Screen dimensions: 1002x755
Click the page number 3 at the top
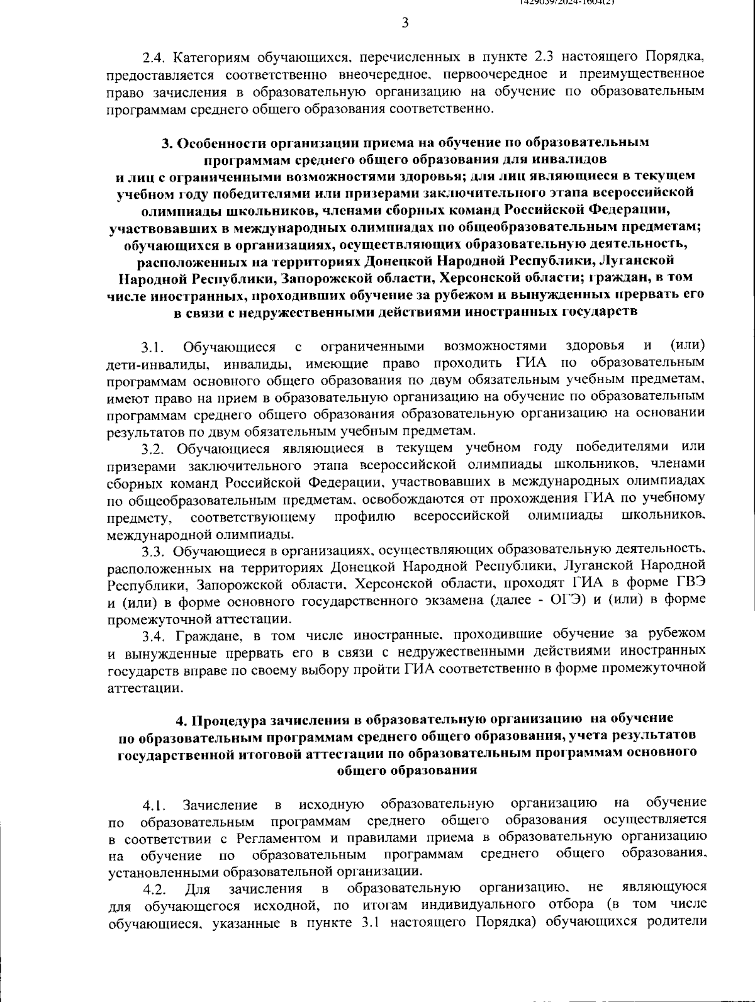[x=405, y=23]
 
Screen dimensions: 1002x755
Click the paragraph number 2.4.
[x=154, y=58]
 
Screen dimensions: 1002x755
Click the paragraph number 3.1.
[x=152, y=347]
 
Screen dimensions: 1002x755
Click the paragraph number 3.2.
[x=153, y=448]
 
